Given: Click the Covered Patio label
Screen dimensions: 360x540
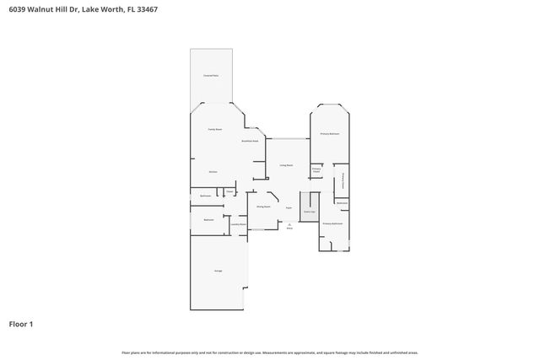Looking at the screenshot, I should click(x=211, y=76).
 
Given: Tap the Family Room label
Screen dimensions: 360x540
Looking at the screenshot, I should click(x=215, y=129).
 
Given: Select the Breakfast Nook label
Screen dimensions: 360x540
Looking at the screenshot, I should click(x=250, y=141).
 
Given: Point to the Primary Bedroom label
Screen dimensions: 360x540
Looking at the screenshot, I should click(x=329, y=134).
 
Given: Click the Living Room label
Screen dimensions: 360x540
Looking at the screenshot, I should click(x=287, y=165).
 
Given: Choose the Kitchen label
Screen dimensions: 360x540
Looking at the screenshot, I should click(x=213, y=171).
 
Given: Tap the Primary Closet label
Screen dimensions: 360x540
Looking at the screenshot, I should click(x=316, y=170).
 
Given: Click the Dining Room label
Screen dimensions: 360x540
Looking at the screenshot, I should click(x=263, y=206).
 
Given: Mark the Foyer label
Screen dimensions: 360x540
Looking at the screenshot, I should click(x=289, y=207).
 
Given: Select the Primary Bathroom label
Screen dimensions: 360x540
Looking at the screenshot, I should click(x=332, y=223).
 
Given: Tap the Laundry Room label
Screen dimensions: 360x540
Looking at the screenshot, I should click(x=238, y=224).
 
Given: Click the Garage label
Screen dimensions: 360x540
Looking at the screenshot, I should click(x=218, y=271).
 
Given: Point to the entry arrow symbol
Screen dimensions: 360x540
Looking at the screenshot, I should click(x=289, y=223).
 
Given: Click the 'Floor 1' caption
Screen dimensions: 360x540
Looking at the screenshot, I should click(x=20, y=324).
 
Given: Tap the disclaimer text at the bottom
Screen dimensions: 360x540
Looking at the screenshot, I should click(x=269, y=352).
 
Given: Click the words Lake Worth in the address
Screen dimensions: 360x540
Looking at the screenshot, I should click(x=103, y=9).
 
